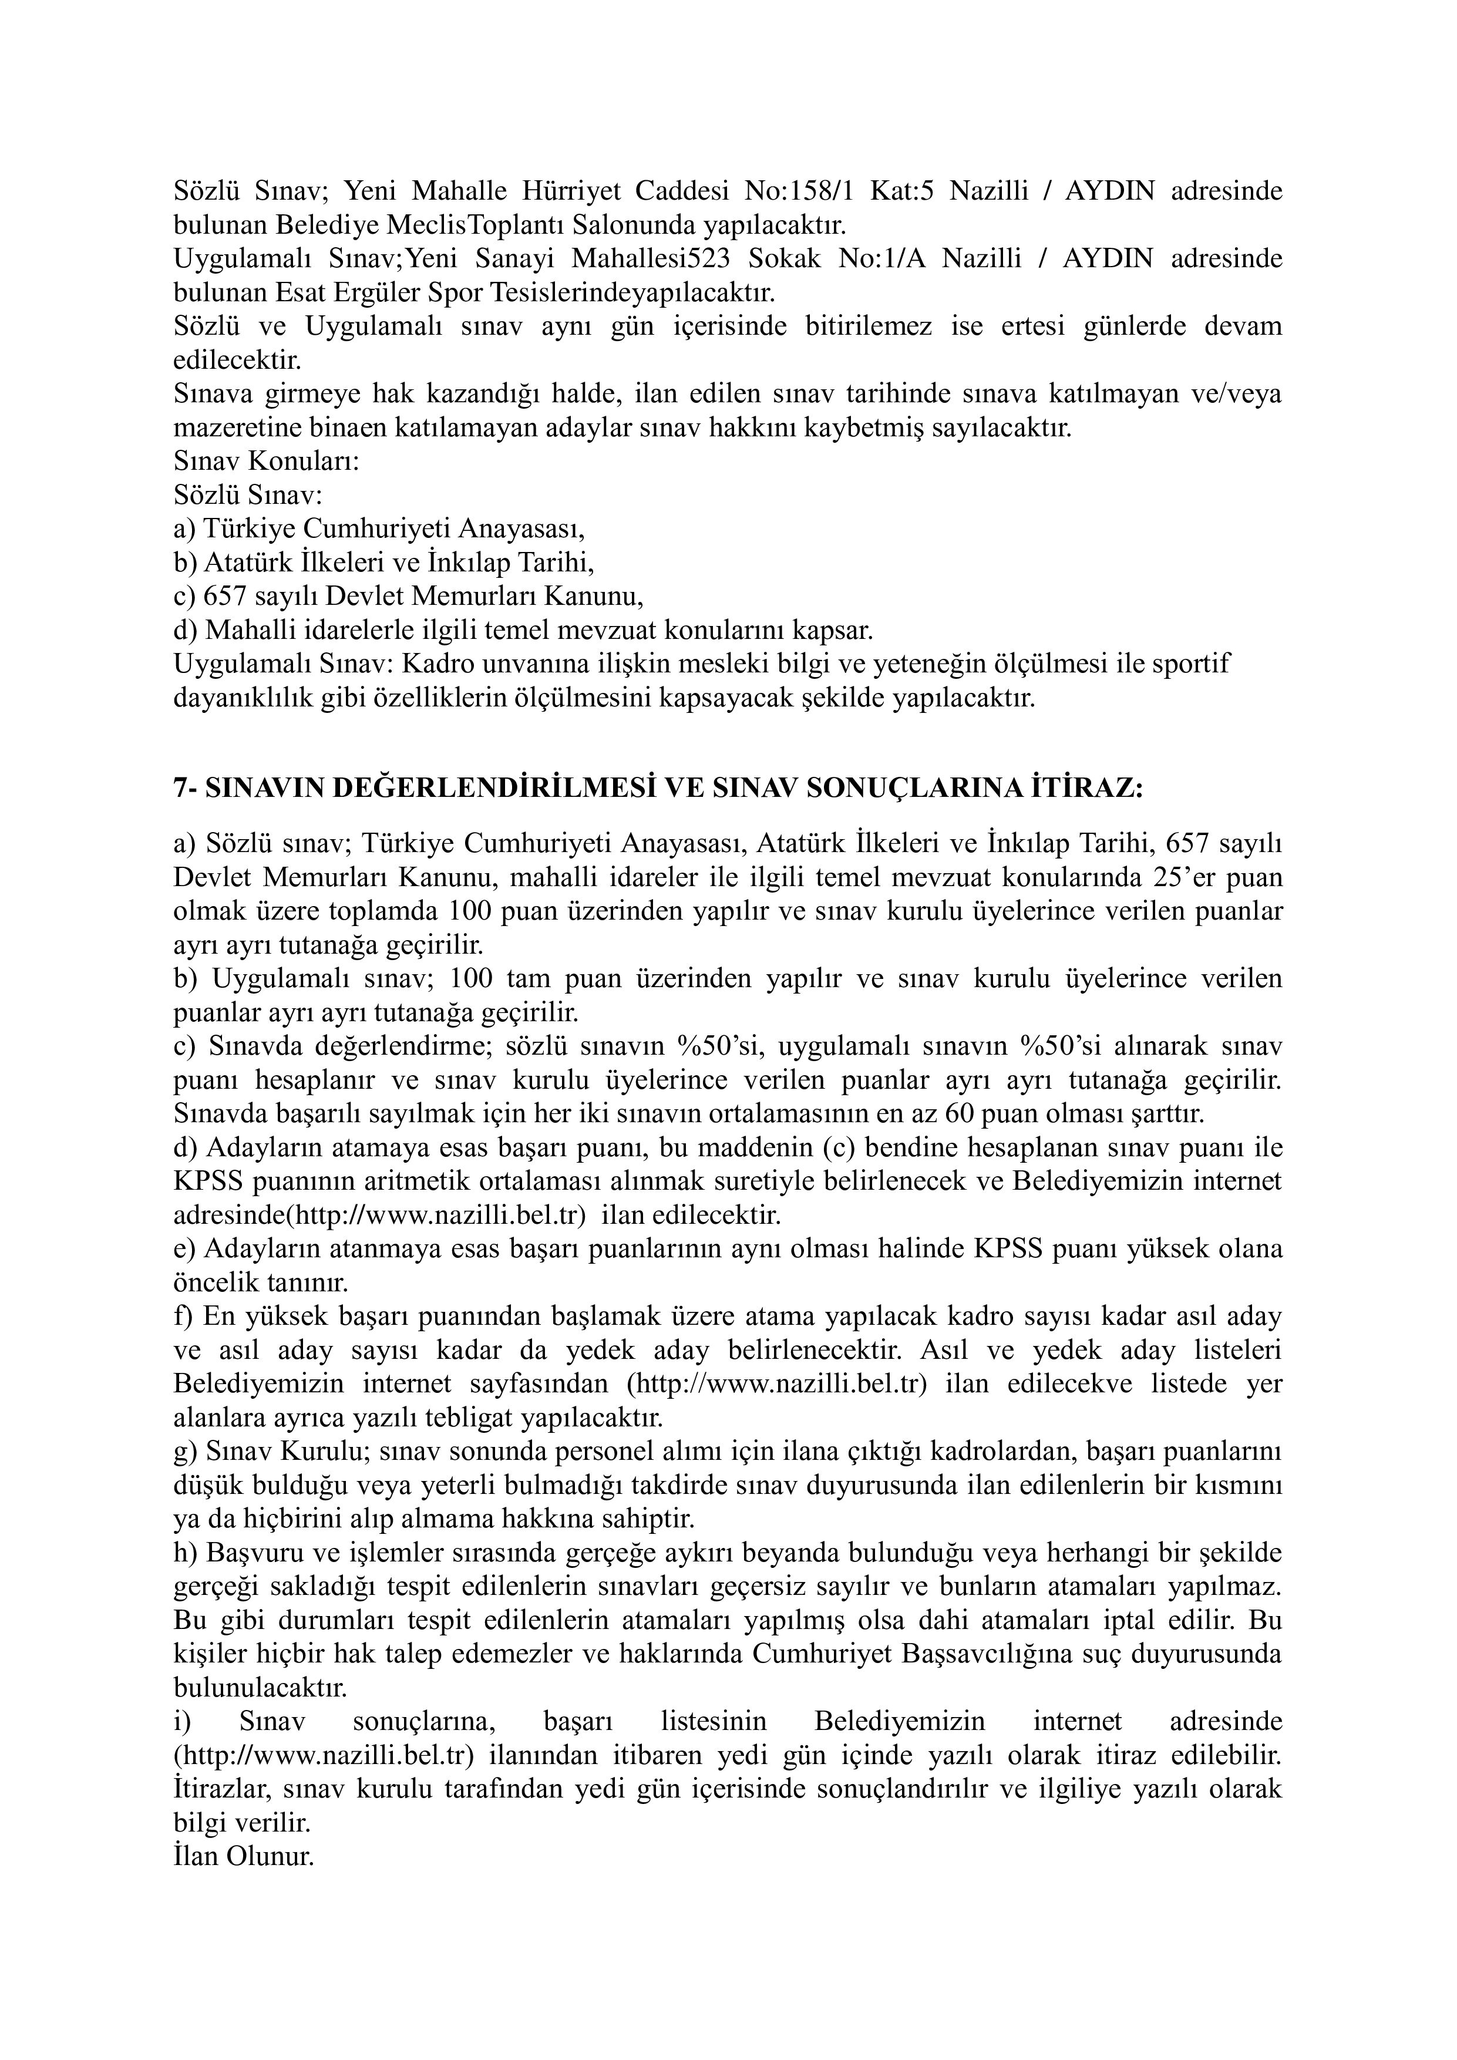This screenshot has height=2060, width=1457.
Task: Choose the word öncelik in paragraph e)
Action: pos(220,1283)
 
